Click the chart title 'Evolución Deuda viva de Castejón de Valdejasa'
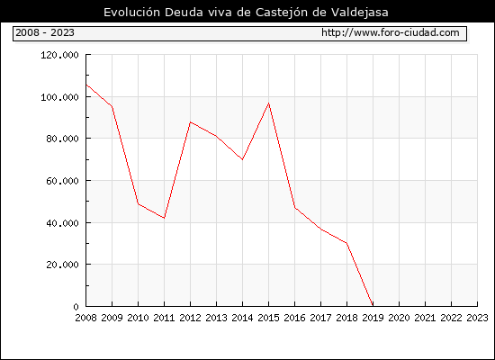[x=246, y=13]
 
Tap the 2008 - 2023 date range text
[x=45, y=32]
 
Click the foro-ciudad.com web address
[x=391, y=32]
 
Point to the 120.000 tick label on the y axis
[x=59, y=55]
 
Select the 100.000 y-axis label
[x=59, y=97]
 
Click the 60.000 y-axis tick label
[x=62, y=181]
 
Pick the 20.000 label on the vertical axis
[x=62, y=265]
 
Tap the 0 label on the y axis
[x=76, y=307]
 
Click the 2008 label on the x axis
[x=85, y=318]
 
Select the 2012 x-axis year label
[x=191, y=318]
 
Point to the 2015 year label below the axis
[x=269, y=318]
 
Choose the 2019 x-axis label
[x=373, y=318]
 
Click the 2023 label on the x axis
[x=477, y=318]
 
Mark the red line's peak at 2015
[x=269, y=103]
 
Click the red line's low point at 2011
[x=164, y=218]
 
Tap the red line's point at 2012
[x=191, y=121]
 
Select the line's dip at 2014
[x=242, y=159]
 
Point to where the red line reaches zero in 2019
[x=373, y=306]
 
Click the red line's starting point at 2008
[x=86, y=85]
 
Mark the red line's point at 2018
[x=346, y=243]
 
